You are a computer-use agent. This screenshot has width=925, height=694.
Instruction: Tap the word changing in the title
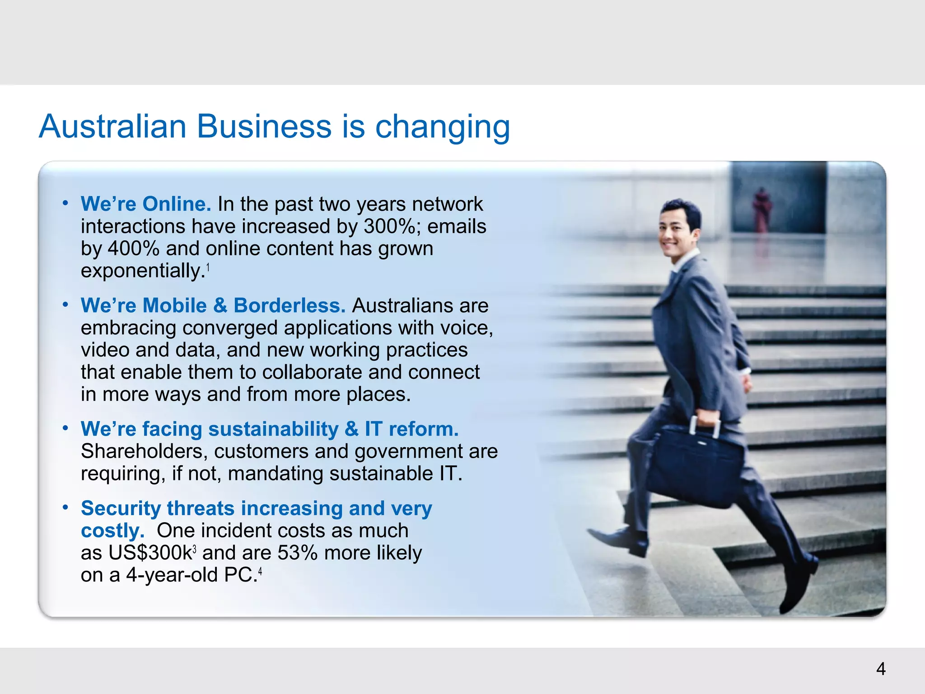click(x=443, y=127)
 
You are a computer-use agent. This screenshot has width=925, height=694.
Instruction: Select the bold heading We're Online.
click(x=146, y=204)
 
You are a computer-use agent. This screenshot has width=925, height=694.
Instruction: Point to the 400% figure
click(x=134, y=249)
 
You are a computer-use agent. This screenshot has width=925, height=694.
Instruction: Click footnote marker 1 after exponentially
click(x=208, y=268)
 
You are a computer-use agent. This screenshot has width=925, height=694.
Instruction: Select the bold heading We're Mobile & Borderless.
click(x=213, y=305)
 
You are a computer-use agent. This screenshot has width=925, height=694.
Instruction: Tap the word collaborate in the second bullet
click(x=312, y=372)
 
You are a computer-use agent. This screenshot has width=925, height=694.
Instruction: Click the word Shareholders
click(x=144, y=451)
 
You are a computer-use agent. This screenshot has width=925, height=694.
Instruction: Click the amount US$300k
click(x=136, y=553)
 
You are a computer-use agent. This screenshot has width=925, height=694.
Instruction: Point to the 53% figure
click(x=298, y=553)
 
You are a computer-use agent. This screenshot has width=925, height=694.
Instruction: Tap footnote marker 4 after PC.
click(x=260, y=572)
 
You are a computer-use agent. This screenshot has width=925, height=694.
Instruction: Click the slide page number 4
click(x=881, y=669)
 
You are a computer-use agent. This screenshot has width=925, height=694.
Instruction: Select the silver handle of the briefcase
click(x=705, y=425)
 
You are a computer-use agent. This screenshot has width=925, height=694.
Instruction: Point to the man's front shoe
click(x=619, y=540)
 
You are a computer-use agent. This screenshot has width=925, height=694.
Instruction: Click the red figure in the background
click(x=762, y=210)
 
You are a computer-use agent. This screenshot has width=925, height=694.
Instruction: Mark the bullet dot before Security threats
click(x=65, y=508)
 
